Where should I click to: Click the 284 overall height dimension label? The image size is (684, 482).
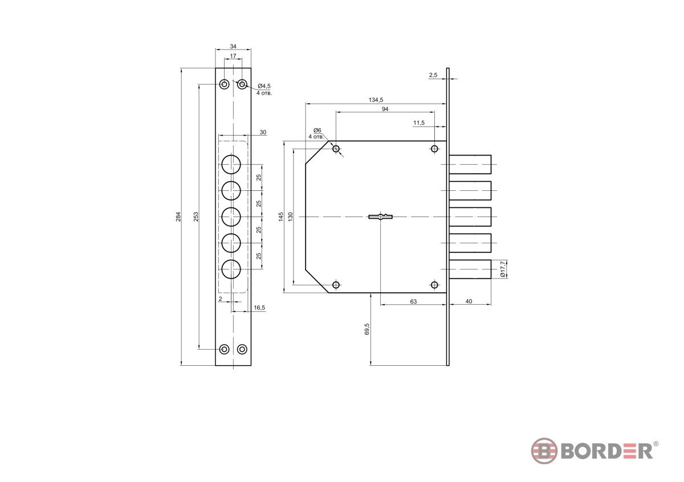point(178,217)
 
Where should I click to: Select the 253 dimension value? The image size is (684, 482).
point(196,217)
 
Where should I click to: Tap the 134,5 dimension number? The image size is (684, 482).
point(376,100)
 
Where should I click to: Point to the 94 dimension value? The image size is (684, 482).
point(385,109)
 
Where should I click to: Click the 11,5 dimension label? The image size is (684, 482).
point(419,122)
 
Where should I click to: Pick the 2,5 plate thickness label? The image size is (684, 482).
point(433,75)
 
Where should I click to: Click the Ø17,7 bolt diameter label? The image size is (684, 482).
point(503,269)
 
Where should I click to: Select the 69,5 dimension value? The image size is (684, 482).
point(367,329)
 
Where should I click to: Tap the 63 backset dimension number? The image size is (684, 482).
point(413,301)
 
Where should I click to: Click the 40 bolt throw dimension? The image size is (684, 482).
point(469,301)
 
